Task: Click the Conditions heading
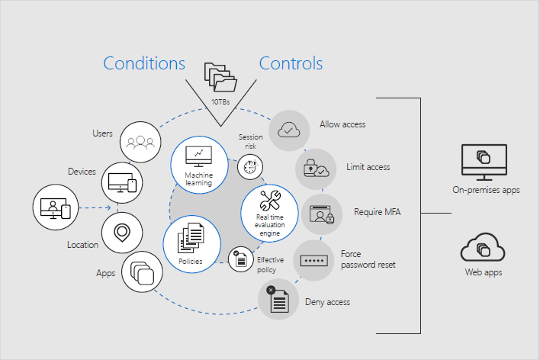[144, 63]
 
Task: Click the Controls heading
[291, 63]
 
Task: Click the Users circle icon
[140, 141]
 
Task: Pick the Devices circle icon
[122, 182]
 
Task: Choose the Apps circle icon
[141, 271]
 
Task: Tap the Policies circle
[191, 241]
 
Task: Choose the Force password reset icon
[313, 260]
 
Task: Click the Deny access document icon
[278, 299]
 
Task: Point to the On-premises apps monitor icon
[484, 161]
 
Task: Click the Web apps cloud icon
[483, 248]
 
